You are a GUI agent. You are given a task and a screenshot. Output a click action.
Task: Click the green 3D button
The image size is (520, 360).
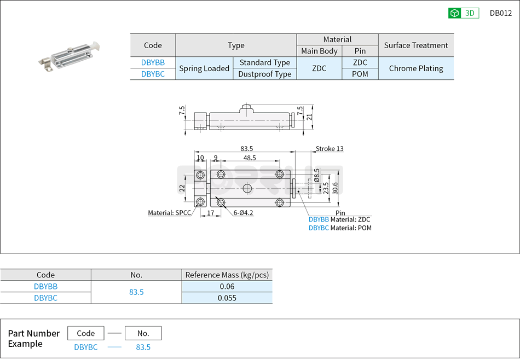(463, 13)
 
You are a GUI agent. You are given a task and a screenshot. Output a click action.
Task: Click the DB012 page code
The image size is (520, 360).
(500, 13)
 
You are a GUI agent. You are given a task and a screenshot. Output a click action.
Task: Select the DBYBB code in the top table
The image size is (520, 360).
(153, 63)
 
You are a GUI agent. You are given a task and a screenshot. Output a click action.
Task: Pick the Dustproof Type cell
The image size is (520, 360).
(264, 74)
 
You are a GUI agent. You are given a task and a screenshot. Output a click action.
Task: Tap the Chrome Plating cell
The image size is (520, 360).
(415, 68)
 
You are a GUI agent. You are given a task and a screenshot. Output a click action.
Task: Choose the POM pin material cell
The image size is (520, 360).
(360, 74)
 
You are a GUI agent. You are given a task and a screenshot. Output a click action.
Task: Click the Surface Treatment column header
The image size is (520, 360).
(415, 45)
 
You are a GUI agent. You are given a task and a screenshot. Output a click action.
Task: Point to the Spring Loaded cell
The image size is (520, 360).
(204, 68)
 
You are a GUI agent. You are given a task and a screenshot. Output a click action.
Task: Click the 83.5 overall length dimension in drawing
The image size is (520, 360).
(246, 149)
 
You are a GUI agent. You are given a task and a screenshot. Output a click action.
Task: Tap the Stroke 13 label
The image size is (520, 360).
(330, 149)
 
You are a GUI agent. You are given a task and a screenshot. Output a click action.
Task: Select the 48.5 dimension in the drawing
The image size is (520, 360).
(250, 158)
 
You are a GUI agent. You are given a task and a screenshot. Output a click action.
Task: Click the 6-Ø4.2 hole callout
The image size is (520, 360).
(243, 213)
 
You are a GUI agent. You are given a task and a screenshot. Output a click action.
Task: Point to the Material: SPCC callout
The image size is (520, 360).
(170, 213)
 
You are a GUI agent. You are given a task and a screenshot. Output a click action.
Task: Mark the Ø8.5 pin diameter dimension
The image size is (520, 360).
(317, 175)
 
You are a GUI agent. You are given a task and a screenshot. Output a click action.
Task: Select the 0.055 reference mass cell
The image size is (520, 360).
(227, 298)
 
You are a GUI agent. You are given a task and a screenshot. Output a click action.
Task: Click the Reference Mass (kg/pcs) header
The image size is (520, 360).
(227, 275)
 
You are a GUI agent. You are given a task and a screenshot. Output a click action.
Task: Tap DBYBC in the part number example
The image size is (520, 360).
(86, 347)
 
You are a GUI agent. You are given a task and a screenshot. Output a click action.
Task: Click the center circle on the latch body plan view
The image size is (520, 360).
(247, 188)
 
